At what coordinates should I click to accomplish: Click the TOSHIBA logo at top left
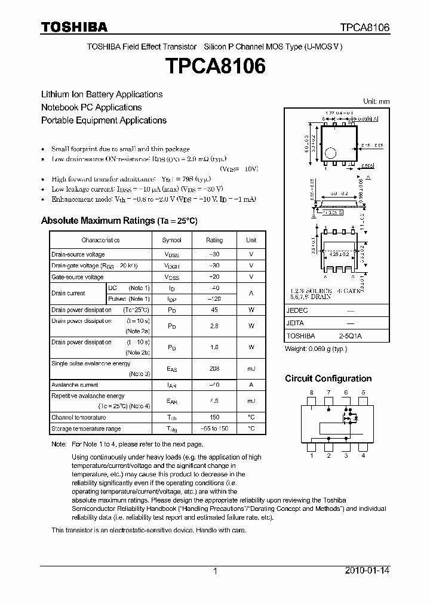click(74, 27)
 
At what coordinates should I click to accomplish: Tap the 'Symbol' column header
click(171, 240)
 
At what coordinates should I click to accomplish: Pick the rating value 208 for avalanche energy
click(214, 369)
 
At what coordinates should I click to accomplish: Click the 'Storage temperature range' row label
click(86, 429)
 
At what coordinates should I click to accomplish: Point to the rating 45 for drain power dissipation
click(214, 310)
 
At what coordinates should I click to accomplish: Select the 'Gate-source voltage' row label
click(78, 277)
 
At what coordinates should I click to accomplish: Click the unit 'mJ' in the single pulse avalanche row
click(251, 369)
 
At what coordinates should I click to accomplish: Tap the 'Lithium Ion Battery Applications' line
click(102, 94)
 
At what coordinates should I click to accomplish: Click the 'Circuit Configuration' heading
click(328, 378)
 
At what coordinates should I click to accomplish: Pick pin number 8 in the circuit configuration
click(311, 392)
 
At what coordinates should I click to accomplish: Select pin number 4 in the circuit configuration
click(363, 456)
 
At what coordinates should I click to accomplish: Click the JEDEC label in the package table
click(297, 311)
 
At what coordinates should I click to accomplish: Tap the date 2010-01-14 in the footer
click(367, 571)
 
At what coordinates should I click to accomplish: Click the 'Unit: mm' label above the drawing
click(376, 101)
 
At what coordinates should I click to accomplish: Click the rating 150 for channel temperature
click(214, 417)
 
